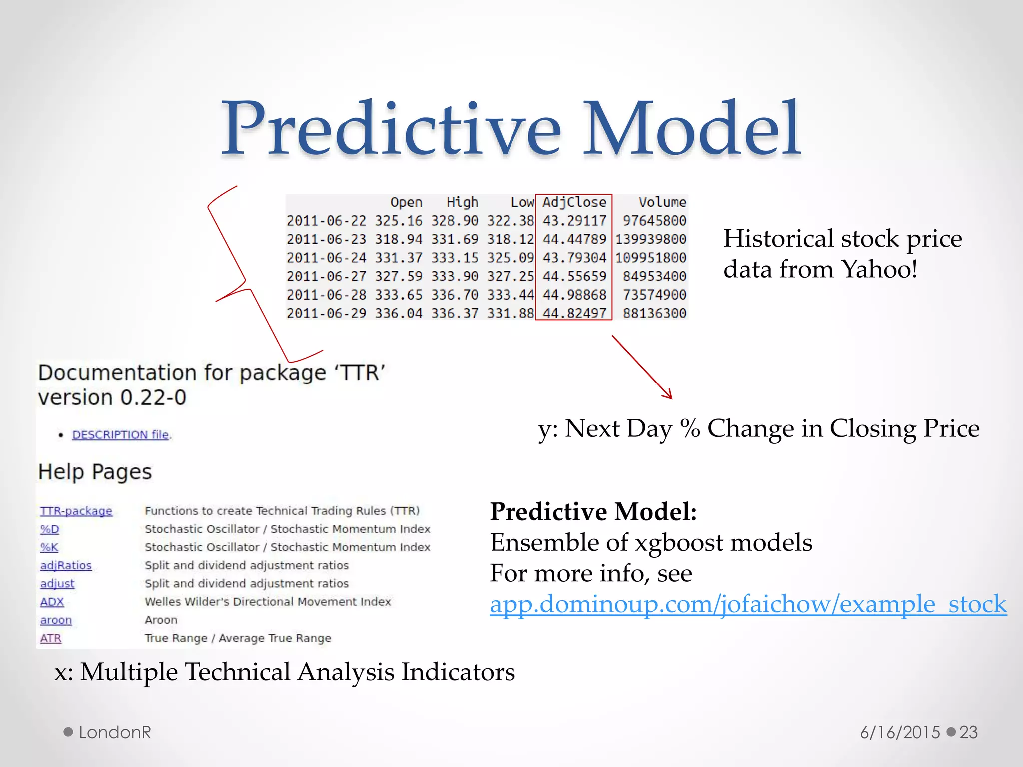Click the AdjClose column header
point(574,202)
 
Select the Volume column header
point(662,202)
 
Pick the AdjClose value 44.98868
point(574,295)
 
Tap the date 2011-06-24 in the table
point(326,258)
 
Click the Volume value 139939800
point(650,239)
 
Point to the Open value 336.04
point(399,313)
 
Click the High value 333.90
point(455,276)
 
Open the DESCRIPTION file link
point(121,435)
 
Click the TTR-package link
point(76,511)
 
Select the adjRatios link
point(66,565)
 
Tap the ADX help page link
point(52,602)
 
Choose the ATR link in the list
point(51,638)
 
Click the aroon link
point(56,620)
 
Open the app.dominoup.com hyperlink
point(748,604)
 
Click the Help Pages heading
point(95,472)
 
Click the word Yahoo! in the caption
point(879,269)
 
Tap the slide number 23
point(968,732)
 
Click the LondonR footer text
point(115,732)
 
